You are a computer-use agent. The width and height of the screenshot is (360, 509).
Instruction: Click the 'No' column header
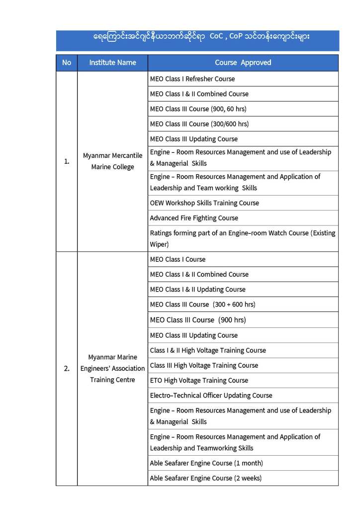67,63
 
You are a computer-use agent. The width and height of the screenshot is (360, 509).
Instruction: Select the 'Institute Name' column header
112,63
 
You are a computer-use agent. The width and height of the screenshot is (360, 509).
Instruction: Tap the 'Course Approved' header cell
243,63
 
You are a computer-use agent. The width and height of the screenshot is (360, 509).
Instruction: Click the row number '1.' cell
67,161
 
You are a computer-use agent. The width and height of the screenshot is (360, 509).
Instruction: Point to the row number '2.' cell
67,369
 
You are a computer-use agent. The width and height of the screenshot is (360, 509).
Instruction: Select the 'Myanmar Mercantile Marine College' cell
112,161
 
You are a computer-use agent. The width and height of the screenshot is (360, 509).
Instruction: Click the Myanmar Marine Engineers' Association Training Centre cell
112,369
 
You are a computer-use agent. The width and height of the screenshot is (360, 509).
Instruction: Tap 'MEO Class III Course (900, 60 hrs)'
198,108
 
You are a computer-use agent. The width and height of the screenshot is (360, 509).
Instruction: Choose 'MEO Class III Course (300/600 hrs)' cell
199,124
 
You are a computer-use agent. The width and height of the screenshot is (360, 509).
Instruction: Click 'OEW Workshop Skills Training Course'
204,203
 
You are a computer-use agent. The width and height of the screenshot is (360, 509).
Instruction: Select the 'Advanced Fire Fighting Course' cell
194,218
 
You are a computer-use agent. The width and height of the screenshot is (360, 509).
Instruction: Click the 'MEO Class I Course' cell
178,259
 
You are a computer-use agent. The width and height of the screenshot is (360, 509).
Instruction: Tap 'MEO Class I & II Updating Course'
197,290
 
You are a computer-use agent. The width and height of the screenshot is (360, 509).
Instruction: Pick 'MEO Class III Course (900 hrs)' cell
198,320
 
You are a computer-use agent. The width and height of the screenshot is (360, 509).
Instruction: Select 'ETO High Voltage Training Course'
199,380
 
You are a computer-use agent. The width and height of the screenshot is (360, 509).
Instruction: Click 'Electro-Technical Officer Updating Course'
211,396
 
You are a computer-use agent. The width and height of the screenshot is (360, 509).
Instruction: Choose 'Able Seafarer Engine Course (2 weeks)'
205,478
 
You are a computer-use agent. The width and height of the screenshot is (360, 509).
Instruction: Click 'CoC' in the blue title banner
216,36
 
